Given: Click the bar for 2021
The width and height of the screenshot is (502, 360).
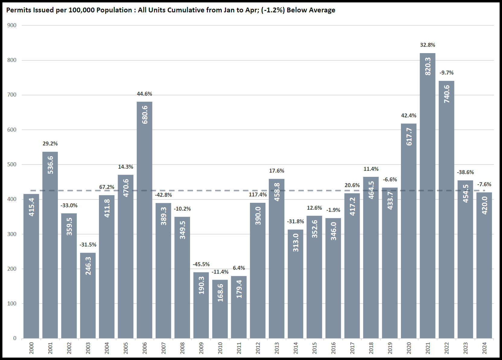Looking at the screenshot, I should click(427, 196).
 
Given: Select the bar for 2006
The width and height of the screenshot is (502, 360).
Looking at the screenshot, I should click(145, 220).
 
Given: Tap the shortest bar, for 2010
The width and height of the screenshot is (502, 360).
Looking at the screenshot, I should click(220, 309).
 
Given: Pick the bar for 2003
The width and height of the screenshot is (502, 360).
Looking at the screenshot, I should click(88, 296).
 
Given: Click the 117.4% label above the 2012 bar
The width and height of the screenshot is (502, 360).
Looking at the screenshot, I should click(258, 195).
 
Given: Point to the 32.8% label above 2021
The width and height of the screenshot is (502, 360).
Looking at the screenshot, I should click(427, 45).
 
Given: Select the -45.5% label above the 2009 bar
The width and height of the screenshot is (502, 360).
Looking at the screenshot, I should click(201, 264).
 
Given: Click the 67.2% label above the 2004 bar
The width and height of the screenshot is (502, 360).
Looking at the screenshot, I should click(107, 187).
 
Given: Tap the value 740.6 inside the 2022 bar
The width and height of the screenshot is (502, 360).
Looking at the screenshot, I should click(447, 94).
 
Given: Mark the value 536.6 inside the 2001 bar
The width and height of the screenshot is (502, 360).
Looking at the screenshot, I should click(50, 165).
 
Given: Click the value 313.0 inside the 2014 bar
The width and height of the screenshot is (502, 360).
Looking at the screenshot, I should click(296, 243).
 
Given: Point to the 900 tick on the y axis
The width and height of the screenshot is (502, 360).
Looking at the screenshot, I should click(12, 25).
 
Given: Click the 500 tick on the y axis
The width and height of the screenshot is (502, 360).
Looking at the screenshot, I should click(12, 164).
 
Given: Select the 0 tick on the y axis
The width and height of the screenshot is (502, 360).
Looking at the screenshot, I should click(14, 338).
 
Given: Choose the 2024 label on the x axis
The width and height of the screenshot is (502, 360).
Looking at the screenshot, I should click(485, 348).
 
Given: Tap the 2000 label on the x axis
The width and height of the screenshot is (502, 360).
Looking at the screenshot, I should click(31, 348).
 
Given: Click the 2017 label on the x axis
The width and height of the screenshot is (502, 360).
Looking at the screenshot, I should click(352, 348).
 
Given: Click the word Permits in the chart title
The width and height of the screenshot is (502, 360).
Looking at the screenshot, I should click(18, 10).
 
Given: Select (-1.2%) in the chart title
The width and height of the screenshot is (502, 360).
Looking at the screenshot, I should click(273, 10).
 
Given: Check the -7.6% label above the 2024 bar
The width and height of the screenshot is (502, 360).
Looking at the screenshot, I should click(484, 184).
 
